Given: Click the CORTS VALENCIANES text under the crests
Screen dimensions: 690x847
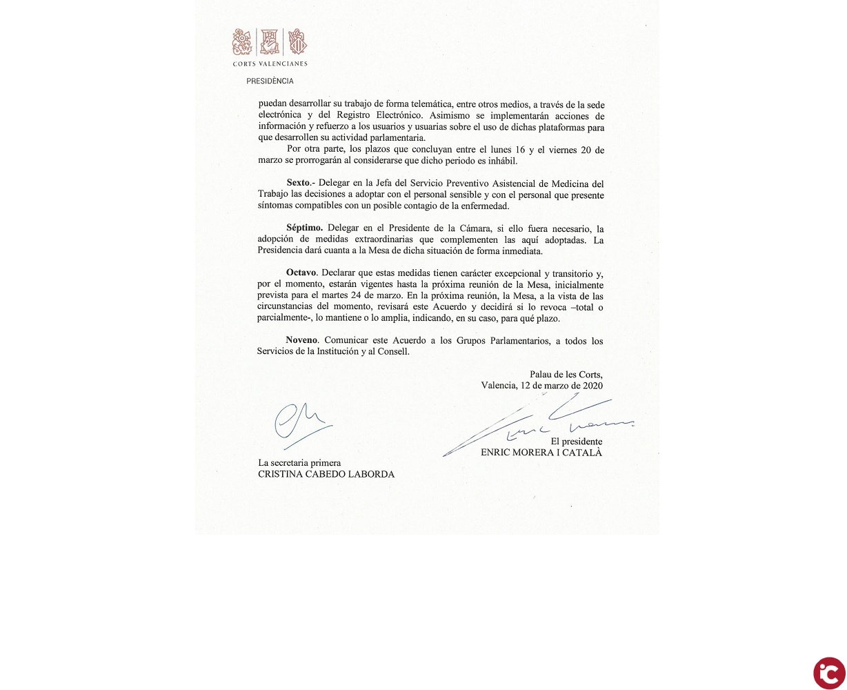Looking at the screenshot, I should tap(270, 63).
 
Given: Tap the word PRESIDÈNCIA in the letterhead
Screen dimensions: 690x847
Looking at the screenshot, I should tap(270, 81).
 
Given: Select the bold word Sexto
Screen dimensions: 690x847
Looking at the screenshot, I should tap(298, 183).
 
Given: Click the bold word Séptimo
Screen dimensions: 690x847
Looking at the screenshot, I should tap(304, 228).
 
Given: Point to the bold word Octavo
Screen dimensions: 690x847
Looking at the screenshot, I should tap(301, 273).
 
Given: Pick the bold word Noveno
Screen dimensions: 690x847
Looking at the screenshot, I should tap(301, 340).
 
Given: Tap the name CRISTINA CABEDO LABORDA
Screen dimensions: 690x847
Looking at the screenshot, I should tap(326, 474).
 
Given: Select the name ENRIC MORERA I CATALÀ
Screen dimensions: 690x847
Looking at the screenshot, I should tap(541, 453).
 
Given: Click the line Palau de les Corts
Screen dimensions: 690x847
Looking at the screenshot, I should tap(566, 374).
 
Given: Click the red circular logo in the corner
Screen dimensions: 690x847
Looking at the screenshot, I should tap(828, 673).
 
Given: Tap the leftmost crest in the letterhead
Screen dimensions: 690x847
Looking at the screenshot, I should tap(243, 41).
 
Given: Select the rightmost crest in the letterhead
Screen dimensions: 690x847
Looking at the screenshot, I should tap(297, 41).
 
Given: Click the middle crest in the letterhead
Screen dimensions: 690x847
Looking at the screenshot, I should tap(270, 41).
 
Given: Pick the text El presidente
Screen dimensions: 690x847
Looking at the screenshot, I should tap(576, 442).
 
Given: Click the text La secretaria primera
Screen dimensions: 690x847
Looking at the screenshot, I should tap(299, 463).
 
